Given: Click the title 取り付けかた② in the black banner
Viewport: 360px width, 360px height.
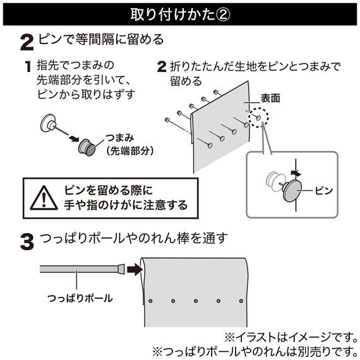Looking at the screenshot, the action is click(180, 15).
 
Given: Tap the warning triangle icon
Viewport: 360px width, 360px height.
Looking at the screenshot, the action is click(44, 198).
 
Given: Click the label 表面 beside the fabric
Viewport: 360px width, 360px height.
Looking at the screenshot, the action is click(270, 99).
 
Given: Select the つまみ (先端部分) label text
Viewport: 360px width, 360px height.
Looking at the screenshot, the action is click(126, 145).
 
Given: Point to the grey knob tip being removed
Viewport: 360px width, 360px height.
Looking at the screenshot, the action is click(87, 147).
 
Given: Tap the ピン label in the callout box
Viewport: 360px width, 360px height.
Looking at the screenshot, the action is click(324, 191).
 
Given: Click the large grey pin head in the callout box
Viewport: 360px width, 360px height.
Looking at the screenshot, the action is click(292, 191).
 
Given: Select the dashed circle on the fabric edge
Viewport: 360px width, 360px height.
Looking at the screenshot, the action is click(258, 117).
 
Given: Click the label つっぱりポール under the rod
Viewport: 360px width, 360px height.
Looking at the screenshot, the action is click(80, 299).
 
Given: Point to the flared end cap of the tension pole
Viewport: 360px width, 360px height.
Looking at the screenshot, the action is click(121, 270).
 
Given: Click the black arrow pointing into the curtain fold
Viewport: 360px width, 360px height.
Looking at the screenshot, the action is click(135, 269).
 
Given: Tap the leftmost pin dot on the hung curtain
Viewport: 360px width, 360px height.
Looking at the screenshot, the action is click(150, 301).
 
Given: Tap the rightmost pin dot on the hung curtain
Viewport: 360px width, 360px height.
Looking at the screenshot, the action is click(241, 301).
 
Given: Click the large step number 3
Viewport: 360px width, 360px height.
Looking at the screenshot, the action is click(27, 242).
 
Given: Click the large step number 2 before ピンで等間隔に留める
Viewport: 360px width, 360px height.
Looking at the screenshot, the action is click(27, 42).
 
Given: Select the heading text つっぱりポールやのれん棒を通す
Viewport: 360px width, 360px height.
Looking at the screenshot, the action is click(134, 238).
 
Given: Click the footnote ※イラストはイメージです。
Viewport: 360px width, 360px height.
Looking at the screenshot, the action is click(291, 337).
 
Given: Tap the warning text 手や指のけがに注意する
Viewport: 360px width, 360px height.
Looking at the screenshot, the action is click(126, 205).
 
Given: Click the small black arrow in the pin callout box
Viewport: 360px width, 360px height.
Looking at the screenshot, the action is click(296, 173).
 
